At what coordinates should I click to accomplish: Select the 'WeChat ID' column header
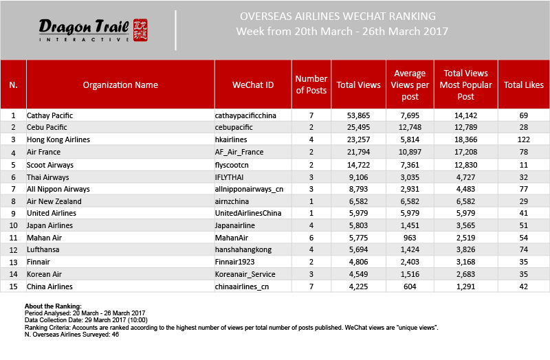[x=253, y=85]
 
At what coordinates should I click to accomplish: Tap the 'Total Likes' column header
[x=524, y=85]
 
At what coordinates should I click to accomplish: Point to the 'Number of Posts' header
[x=311, y=85]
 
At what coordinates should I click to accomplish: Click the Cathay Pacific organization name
[x=49, y=115]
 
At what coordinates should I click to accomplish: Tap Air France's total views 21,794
[x=358, y=152]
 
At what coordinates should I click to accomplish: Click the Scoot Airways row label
[x=49, y=164]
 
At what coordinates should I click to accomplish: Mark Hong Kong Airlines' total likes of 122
[x=524, y=140]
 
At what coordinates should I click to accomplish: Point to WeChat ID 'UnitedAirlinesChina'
[x=248, y=214]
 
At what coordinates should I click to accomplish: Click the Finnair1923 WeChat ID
[x=236, y=262]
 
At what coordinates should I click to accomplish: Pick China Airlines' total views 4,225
[x=358, y=286]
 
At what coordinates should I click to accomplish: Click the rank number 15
[x=13, y=286]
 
